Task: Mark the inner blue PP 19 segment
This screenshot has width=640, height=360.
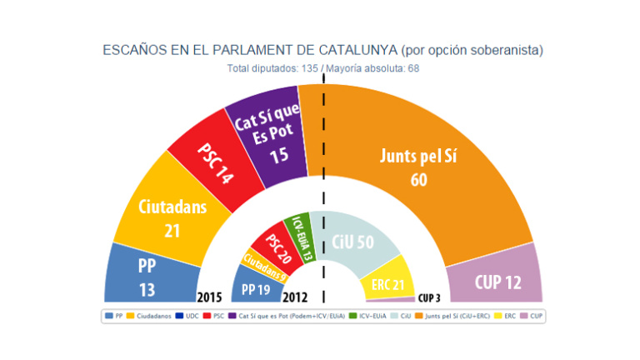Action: pos(257,288)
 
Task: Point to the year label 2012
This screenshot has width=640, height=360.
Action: pos(296,296)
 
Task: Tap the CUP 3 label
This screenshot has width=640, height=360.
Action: pos(429,297)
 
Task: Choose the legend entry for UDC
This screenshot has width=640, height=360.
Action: pos(187,316)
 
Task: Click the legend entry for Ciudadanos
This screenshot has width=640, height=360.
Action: pos(152,316)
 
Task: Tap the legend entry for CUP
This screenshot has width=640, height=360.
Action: pos(536,316)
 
